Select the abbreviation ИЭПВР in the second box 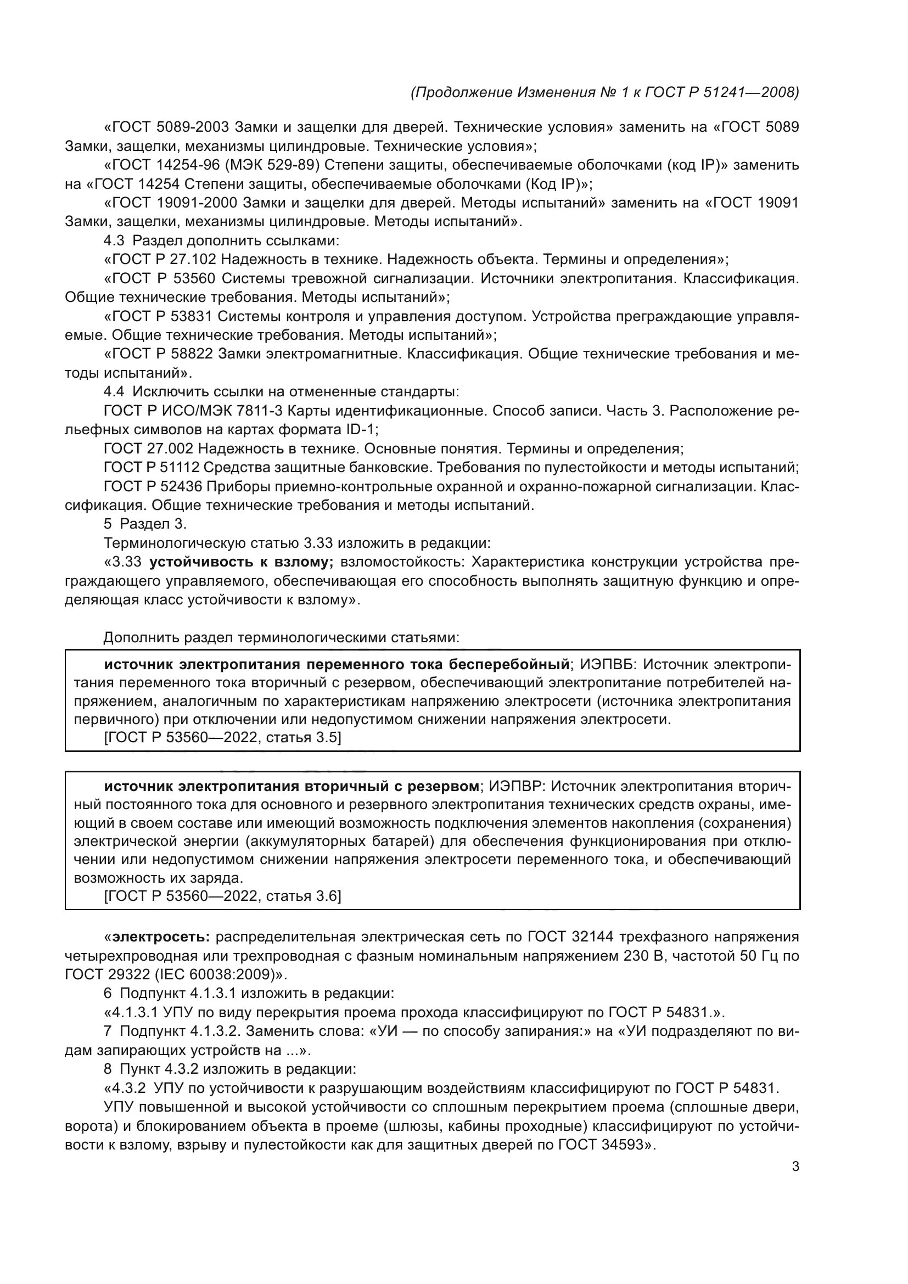click(x=515, y=787)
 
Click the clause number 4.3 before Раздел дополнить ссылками click(x=114, y=241)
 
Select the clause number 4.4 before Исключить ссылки click(x=114, y=392)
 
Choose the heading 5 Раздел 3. click(x=145, y=524)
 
